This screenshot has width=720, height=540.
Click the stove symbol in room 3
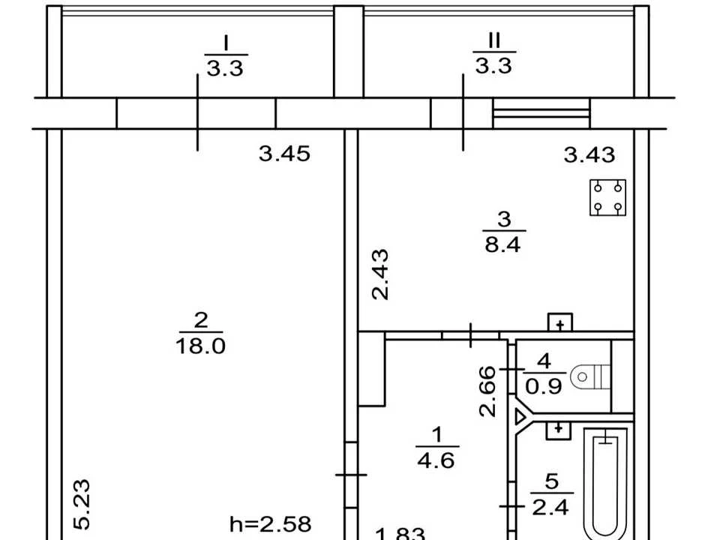[x=607, y=197]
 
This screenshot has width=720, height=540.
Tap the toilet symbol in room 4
[x=589, y=377]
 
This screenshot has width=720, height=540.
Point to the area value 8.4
[x=502, y=244]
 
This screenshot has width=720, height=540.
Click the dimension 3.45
[x=284, y=153]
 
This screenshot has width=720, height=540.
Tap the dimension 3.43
[x=589, y=154]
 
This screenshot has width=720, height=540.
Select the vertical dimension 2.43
[x=380, y=274]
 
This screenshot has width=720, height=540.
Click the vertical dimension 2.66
[x=487, y=391]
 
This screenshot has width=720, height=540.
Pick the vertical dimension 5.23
[x=82, y=504]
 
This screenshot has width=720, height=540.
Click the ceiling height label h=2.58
[x=271, y=523]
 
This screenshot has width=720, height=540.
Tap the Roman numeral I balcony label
[x=226, y=43]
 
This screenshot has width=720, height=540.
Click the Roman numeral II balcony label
[x=493, y=40]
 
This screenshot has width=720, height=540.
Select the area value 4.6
[x=436, y=460]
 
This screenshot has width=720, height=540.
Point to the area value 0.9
[x=544, y=387]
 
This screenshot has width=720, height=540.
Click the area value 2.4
[x=550, y=508]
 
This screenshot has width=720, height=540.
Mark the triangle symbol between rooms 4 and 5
[x=520, y=417]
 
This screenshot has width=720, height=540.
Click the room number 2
[x=201, y=320]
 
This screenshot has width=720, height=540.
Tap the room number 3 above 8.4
[x=504, y=219]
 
